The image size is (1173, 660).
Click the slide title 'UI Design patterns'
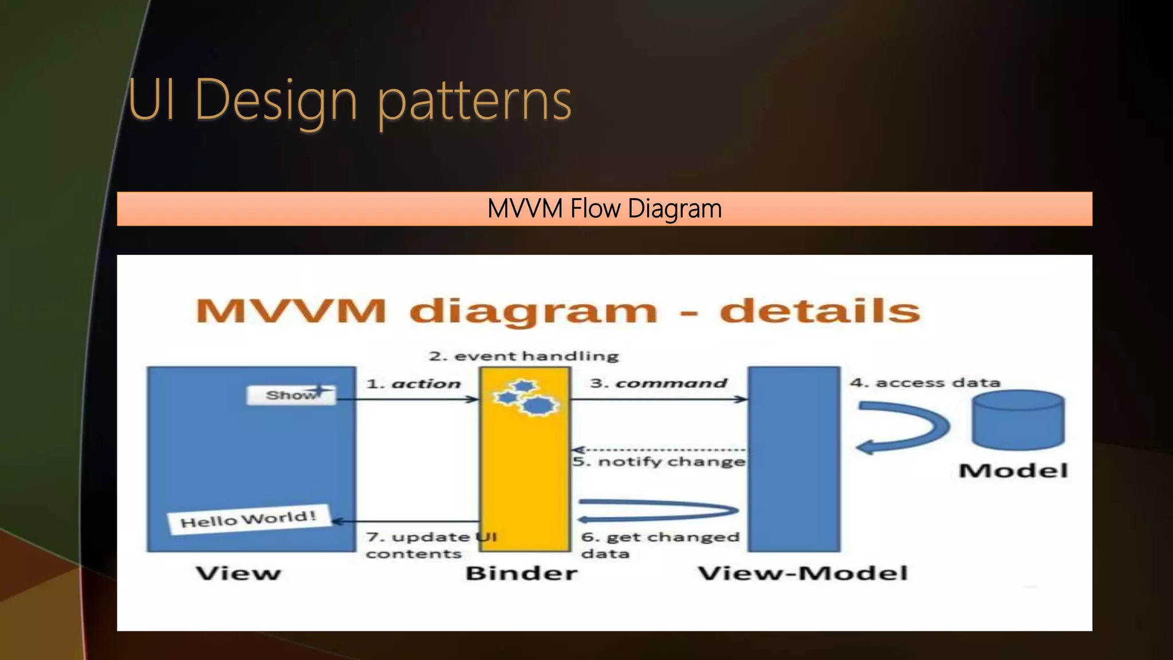point(349,100)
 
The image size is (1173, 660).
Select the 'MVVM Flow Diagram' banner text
point(604,209)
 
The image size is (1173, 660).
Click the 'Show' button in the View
point(291,395)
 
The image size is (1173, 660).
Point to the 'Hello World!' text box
point(249,519)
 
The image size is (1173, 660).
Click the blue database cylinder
point(1018,420)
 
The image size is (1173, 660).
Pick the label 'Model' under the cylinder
point(1013,471)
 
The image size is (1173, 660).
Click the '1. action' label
point(414,383)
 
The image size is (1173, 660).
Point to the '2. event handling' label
point(523,356)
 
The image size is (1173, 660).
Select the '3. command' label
point(659,383)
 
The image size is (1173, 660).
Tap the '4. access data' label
point(925,382)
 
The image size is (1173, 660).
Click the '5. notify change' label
point(659,461)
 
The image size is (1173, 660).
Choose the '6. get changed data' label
point(660,544)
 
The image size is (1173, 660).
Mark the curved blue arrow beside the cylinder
point(902,427)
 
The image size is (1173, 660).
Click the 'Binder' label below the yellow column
point(521,573)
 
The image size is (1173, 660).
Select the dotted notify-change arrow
point(659,450)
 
